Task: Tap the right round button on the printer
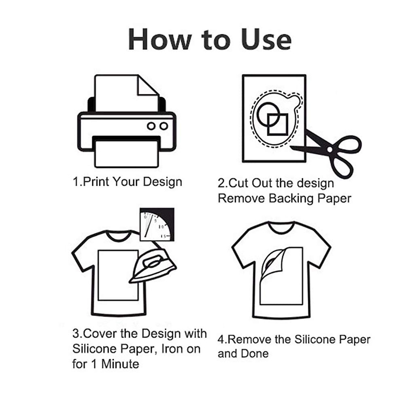[163, 126]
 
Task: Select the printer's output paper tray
[126, 153]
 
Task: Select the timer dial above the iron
[157, 224]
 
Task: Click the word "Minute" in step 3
[120, 364]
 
